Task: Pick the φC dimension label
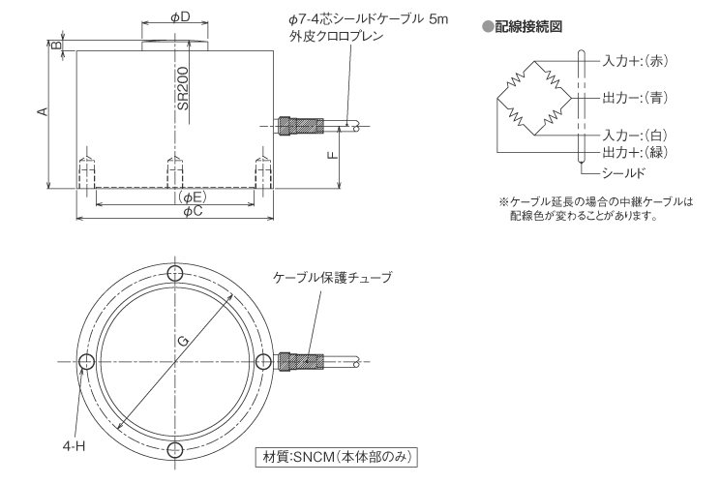click(192, 211)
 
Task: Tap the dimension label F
click(333, 154)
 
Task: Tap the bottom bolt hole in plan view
click(174, 449)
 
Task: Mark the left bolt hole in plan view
click(86, 361)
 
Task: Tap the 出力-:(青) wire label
click(636, 98)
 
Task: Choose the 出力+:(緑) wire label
click(636, 152)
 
